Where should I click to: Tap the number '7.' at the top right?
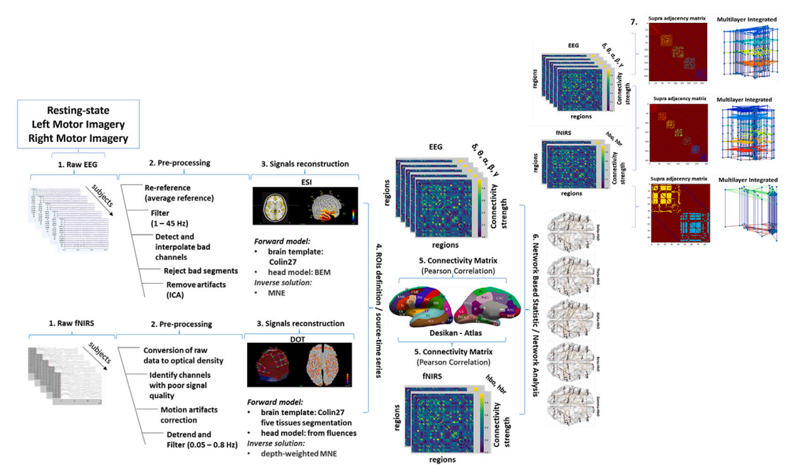coord(633,22)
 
